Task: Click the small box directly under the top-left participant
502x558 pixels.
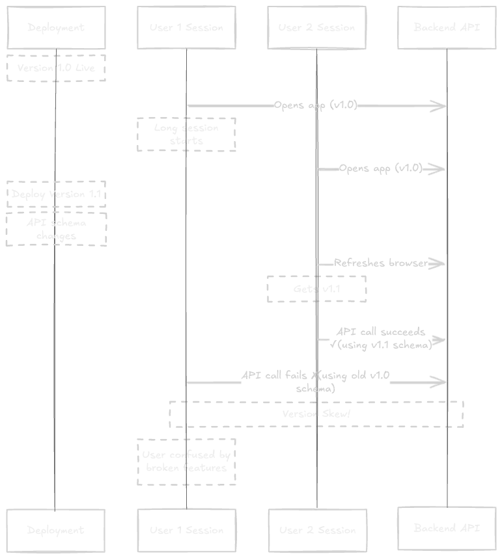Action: [x=57, y=68]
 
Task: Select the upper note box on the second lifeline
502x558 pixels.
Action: [x=187, y=135]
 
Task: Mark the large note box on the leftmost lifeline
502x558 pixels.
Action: [x=57, y=213]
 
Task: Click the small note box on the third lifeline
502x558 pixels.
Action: [x=317, y=288]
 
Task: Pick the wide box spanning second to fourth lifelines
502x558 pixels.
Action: [x=317, y=416]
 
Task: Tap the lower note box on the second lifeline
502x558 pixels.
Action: [x=187, y=462]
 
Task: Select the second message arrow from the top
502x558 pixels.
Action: [x=381, y=169]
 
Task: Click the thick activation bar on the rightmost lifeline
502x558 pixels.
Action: [x=449, y=299]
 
